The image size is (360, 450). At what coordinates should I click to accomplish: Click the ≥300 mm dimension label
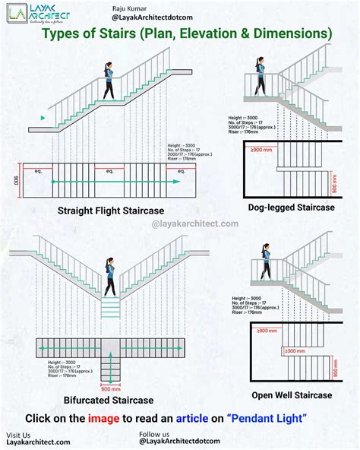(295, 351)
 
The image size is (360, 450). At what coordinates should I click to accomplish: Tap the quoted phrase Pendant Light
(267, 418)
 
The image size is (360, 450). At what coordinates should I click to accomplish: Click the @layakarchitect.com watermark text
(195, 223)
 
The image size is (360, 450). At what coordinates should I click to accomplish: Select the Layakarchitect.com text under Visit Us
(38, 442)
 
